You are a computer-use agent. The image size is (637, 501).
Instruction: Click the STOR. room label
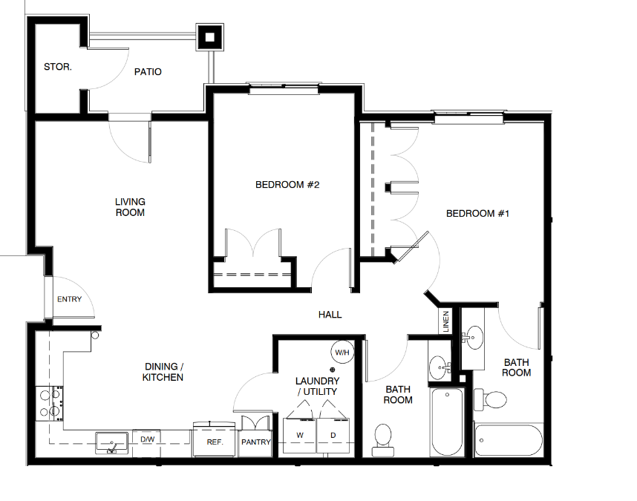point(58,67)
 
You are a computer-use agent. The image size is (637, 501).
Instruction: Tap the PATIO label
point(148,72)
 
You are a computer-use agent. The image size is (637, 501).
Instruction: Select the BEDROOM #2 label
point(287,185)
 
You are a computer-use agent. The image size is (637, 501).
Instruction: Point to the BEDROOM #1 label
point(477,213)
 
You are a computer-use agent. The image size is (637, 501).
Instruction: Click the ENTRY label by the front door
point(70,299)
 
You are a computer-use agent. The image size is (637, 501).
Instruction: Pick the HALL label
point(330,315)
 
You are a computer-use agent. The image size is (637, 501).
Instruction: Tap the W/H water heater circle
point(342,352)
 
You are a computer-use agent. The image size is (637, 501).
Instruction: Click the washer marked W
point(300,435)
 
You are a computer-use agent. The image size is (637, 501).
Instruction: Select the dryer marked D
point(333,435)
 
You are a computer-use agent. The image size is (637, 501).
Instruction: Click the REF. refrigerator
point(215,439)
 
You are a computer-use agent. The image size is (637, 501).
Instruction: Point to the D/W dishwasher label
point(148,439)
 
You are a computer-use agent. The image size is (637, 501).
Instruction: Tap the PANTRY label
point(256,442)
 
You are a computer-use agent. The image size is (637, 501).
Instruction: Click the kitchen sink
point(111,443)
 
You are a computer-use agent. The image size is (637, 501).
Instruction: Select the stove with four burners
point(49,403)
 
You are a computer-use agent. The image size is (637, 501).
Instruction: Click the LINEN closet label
point(446,321)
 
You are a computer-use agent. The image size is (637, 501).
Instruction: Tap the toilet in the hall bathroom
point(383,440)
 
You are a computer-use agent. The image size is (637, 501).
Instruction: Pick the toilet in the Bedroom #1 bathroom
point(490,399)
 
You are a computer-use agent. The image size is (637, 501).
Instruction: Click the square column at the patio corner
point(209,37)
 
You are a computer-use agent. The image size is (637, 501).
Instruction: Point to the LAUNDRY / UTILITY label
point(317,386)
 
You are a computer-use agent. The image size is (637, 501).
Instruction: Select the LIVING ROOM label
point(130,207)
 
